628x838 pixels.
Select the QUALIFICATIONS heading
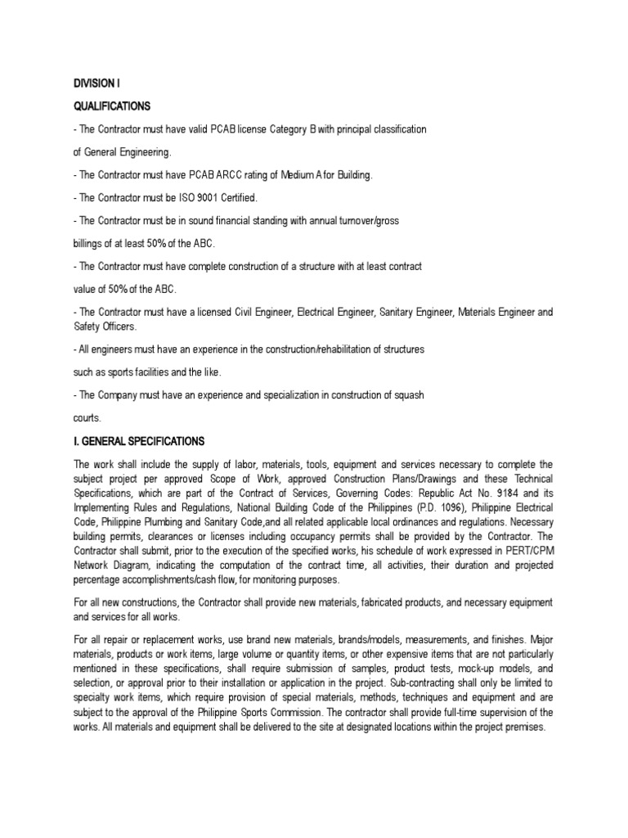[x=112, y=106]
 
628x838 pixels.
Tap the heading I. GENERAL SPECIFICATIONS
[x=138, y=441]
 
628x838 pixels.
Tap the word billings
[x=90, y=243]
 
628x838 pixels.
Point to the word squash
[x=406, y=395]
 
